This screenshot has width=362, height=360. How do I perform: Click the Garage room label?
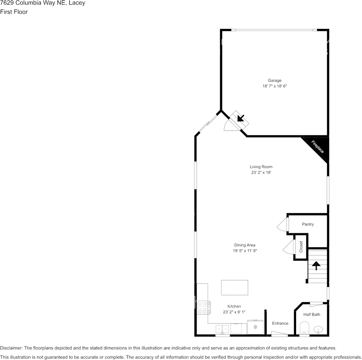274,81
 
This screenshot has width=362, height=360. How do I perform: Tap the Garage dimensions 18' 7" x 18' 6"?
274,86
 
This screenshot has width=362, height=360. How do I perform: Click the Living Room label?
261,167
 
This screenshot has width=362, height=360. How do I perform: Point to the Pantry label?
308,224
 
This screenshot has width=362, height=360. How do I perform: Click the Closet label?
301,247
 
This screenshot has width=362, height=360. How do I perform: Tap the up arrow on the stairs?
316,266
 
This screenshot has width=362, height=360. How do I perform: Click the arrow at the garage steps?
241,118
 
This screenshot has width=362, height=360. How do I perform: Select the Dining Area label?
245,245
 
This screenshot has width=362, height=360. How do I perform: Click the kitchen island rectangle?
235,288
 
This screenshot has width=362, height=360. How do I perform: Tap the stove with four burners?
203,307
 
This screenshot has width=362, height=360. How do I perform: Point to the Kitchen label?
234,306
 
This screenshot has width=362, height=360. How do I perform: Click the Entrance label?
280,323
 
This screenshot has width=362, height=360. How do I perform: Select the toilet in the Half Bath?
304,328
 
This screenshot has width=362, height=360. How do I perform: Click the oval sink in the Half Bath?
319,330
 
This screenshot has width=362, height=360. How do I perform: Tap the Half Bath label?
312,314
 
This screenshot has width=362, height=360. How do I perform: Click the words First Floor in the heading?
14,12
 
